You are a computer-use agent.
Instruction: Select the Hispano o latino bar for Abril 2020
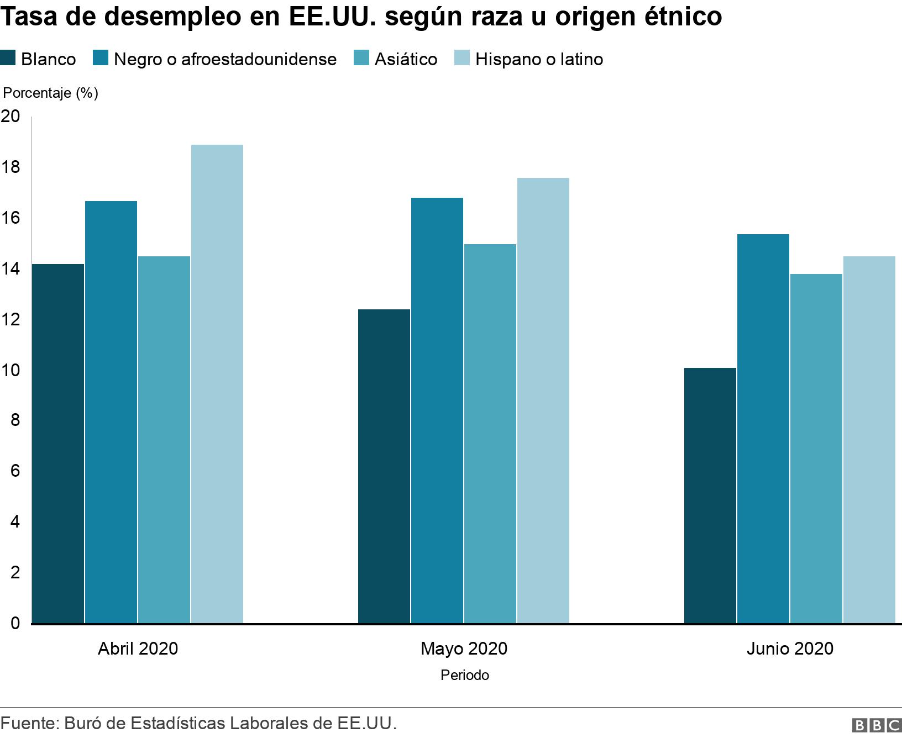pos(217,384)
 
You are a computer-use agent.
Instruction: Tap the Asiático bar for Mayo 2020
pos(490,434)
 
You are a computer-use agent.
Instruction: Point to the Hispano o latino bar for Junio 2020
pos(869,440)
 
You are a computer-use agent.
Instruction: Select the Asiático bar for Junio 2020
pos(816,449)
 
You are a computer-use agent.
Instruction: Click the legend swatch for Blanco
pos(8,59)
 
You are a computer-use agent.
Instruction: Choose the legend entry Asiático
pos(406,59)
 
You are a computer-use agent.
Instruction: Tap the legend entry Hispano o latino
pos(539,59)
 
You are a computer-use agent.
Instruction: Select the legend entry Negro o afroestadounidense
pos(225,59)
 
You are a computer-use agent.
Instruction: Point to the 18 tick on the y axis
pos(11,167)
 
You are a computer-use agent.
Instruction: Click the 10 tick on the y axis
pos(11,370)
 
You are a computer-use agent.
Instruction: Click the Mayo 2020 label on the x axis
pos(464,648)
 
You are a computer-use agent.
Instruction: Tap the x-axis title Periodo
pos(464,675)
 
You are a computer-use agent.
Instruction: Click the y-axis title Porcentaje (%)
pos(51,93)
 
